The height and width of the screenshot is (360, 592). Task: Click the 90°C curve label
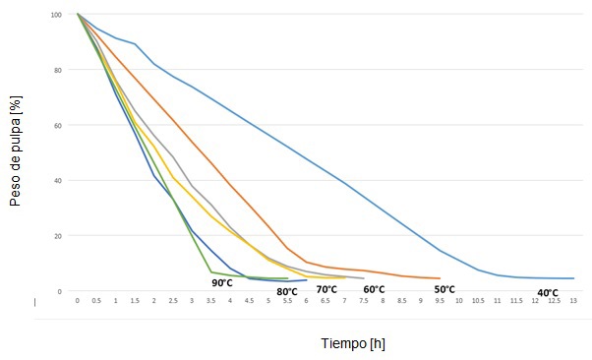click(222, 283)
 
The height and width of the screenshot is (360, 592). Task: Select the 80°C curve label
click(287, 291)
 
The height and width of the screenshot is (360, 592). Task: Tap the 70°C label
click(326, 289)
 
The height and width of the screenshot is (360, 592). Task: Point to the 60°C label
click(374, 289)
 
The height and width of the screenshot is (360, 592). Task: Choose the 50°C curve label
click(444, 289)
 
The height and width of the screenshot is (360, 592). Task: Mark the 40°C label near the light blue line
click(548, 292)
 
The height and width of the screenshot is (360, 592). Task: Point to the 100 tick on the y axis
click(55, 16)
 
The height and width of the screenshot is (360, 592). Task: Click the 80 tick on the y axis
click(57, 71)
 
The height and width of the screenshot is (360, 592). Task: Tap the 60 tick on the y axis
click(57, 126)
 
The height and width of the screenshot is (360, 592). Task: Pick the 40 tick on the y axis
click(57, 181)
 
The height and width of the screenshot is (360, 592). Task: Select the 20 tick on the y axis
click(57, 236)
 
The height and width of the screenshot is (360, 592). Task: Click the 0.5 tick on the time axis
click(96, 300)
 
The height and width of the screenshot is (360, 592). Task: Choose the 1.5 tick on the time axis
click(135, 300)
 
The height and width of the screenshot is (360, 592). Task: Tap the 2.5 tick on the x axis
click(173, 300)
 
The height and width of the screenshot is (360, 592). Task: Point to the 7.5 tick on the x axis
click(364, 300)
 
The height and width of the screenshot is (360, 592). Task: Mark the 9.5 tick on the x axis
click(440, 300)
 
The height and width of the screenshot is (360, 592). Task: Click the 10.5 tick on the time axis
click(478, 300)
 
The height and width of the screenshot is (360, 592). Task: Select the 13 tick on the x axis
click(573, 300)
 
